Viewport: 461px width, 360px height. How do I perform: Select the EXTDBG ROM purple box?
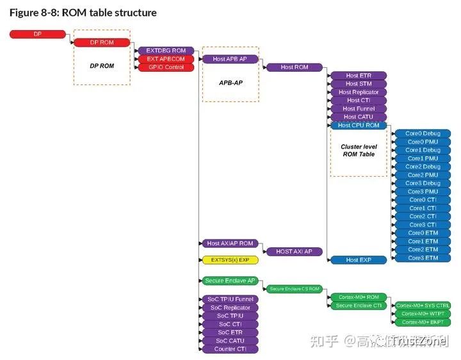point(166,51)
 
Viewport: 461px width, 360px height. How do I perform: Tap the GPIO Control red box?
point(166,67)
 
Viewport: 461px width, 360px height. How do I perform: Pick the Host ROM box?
point(294,67)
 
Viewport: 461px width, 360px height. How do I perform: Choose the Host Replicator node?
point(358,92)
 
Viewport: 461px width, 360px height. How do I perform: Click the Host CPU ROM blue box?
point(358,126)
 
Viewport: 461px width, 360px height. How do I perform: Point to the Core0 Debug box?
point(423,134)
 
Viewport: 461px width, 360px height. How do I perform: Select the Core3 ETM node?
point(423,258)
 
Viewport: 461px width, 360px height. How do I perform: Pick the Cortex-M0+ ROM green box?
point(358,297)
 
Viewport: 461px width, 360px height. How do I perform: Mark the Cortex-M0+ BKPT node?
point(423,322)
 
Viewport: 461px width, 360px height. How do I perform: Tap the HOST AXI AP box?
point(294,252)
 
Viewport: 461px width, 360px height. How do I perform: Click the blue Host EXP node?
point(358,260)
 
